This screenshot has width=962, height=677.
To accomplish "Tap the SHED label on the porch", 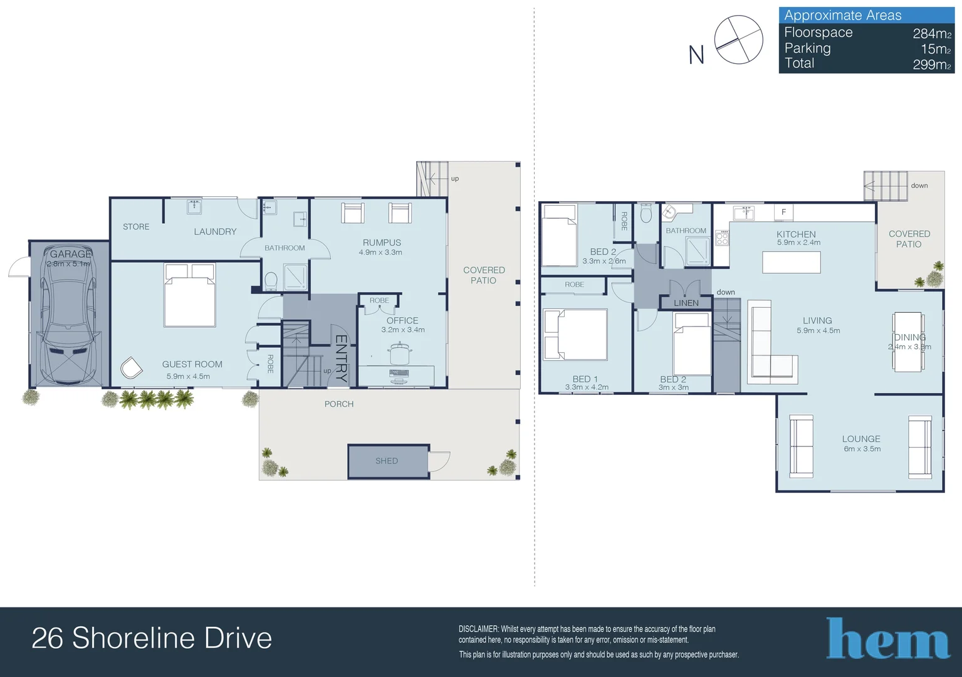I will click(x=387, y=461).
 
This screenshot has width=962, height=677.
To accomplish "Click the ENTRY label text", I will click(x=341, y=359).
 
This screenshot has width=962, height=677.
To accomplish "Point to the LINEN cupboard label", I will click(x=686, y=303).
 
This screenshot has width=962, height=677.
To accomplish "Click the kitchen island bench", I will click(x=791, y=262).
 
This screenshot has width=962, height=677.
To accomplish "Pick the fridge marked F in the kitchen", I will click(x=783, y=212).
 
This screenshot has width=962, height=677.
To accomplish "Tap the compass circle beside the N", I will click(x=738, y=40).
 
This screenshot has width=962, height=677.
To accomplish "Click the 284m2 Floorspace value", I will click(x=931, y=33).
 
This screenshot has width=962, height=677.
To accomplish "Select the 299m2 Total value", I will click(x=931, y=64).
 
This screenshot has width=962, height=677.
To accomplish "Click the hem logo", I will click(x=887, y=639).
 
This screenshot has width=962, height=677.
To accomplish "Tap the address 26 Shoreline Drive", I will click(x=152, y=638).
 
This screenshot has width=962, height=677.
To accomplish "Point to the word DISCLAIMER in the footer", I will click(x=478, y=629).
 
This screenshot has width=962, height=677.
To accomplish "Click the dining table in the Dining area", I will click(x=907, y=342).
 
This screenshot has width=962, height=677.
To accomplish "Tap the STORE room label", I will click(x=136, y=227).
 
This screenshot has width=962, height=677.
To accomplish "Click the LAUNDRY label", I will click(x=215, y=232).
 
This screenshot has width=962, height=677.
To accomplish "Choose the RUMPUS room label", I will click(x=382, y=243).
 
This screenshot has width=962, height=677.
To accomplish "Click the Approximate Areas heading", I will click(x=842, y=16).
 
